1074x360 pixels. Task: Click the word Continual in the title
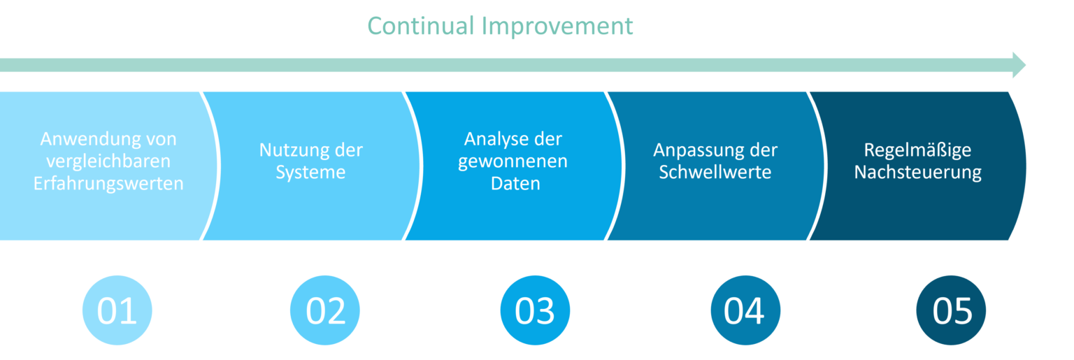coord(421,26)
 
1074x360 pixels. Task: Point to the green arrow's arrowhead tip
coord(1026,65)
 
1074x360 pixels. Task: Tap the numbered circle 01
coord(117,310)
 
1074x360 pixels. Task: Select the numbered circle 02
coord(325,310)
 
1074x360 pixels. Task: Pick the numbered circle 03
coord(535,310)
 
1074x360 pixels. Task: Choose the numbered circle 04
coord(745,310)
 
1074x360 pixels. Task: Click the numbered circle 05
coord(951,310)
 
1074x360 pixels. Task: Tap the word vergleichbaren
coord(108,161)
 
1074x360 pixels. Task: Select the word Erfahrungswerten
coord(108,184)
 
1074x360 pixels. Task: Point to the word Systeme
coord(310,173)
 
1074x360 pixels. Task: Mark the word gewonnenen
coord(513,162)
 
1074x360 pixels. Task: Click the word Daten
coord(515,184)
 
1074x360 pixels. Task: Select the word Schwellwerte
coord(715,172)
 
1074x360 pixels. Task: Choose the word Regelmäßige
coord(917,150)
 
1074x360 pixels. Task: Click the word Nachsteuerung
coord(917,173)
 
